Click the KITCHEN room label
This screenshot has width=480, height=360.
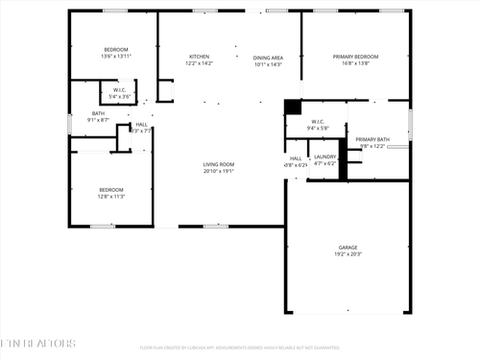199,57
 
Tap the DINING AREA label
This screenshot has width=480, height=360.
268,57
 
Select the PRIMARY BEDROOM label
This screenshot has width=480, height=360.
355,57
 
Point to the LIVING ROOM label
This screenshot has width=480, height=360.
218,164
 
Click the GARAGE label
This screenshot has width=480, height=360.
348,247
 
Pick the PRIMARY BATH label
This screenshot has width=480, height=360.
372,140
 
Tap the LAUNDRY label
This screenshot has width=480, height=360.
324,156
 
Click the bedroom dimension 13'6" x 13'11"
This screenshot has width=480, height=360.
115,57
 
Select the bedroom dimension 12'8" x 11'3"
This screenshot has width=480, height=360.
111,197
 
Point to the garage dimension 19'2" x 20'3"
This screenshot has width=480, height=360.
348,254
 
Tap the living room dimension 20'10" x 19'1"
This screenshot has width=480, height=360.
218,172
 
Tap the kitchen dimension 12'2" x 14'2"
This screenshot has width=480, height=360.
199,64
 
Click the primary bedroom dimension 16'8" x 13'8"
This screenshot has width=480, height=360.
355,64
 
